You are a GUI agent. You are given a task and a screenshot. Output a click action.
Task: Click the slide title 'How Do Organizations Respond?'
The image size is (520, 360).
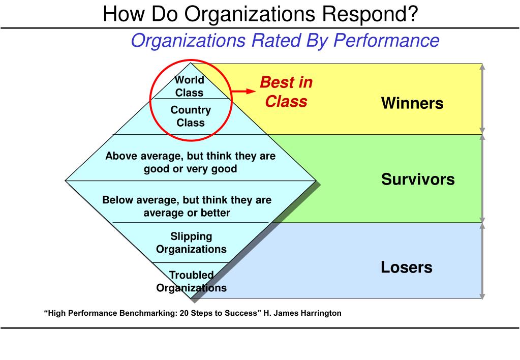(x=260, y=14)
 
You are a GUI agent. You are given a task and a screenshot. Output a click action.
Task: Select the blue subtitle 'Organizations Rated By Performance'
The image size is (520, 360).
(x=285, y=41)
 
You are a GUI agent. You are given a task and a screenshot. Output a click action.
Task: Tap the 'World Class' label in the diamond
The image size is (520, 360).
(x=190, y=86)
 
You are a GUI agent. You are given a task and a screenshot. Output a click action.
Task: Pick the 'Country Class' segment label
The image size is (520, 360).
(x=191, y=116)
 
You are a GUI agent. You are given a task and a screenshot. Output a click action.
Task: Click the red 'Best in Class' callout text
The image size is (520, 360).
(x=286, y=92)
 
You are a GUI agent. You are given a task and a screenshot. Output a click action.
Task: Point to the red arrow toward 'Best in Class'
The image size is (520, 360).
(x=243, y=91)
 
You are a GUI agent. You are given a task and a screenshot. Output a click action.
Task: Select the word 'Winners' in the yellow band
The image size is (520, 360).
(x=412, y=103)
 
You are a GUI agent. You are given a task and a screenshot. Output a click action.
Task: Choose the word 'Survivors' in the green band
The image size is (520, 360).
(x=418, y=179)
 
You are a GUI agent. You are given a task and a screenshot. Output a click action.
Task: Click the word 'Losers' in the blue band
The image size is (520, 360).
(x=406, y=267)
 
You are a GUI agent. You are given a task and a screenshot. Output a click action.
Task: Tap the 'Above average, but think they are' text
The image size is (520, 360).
(x=190, y=156)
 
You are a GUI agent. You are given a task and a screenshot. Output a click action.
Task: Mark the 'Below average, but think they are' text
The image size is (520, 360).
(x=187, y=200)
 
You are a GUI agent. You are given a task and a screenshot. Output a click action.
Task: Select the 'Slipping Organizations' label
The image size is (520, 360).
(x=191, y=243)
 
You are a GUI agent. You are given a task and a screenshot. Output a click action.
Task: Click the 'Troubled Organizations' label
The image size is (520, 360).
(x=191, y=281)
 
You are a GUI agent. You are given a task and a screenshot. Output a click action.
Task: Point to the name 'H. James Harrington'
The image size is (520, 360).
(x=302, y=313)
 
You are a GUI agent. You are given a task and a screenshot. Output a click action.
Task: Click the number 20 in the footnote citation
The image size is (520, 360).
(x=184, y=313)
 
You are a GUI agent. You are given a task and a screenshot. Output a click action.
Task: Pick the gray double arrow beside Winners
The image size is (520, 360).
(x=482, y=99)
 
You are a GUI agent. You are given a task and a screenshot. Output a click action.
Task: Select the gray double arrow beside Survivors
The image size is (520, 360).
(x=482, y=178)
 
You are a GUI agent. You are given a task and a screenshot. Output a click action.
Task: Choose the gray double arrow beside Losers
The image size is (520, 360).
(x=482, y=261)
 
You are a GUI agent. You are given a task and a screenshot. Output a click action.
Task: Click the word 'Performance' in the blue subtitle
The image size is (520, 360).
(x=386, y=41)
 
